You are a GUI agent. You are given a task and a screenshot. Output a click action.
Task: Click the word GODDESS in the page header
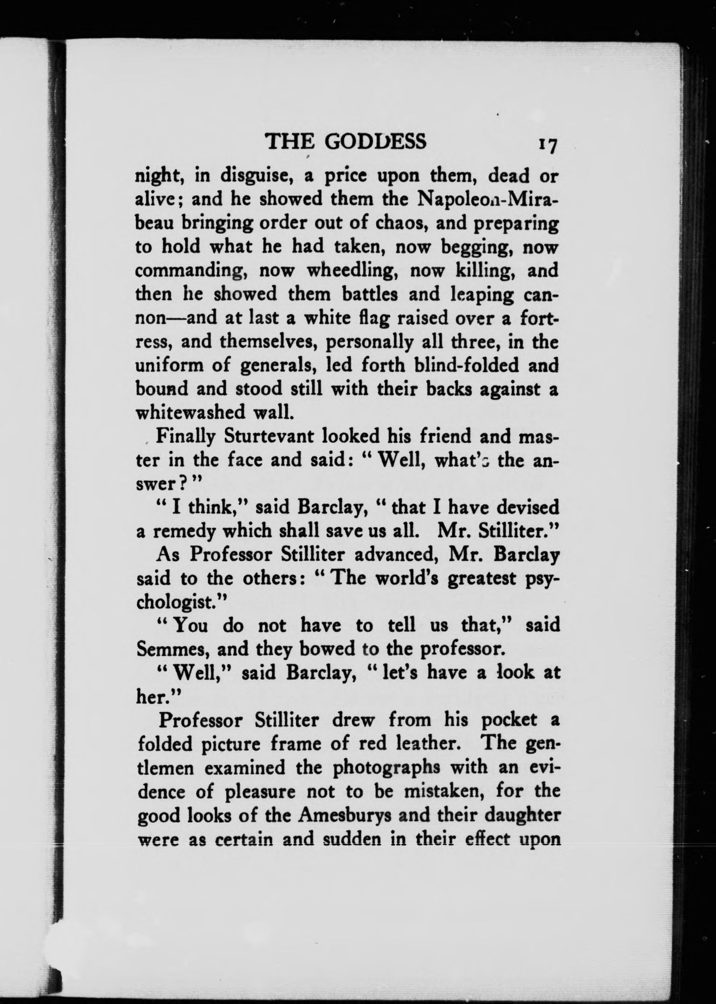376,141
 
